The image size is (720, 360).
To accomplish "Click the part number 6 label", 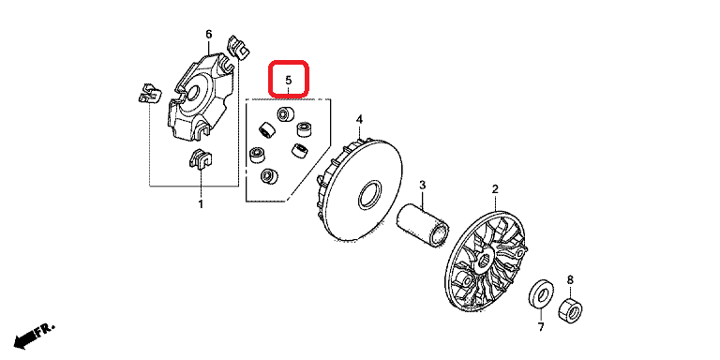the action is click(209, 35).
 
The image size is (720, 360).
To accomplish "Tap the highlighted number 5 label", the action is click(289, 80).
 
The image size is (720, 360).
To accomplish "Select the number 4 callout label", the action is click(360, 120).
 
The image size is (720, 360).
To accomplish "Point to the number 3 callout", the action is click(423, 186).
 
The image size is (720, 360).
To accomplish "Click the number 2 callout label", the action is click(495, 188).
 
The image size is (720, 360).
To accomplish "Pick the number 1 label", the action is click(201, 203).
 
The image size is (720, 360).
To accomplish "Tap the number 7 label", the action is click(541, 327).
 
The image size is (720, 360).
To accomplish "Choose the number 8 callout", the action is click(570, 279).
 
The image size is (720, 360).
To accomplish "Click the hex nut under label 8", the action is click(570, 310).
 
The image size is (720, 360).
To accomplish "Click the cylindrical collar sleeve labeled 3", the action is click(423, 225).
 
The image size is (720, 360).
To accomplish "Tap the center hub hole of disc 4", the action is click(369, 195).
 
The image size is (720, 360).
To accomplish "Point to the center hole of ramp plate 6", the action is click(193, 92).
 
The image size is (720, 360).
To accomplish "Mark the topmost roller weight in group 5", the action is click(286, 113).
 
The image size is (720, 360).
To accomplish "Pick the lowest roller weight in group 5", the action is click(269, 175).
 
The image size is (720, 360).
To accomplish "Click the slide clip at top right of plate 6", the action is click(237, 47).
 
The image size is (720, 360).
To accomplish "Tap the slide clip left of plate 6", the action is click(150, 93).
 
